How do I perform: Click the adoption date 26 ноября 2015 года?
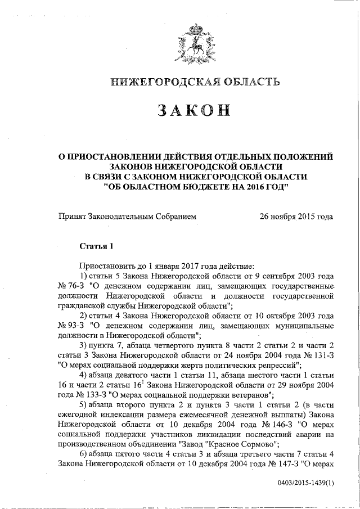click(x=295, y=216)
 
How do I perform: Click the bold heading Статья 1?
click(x=96, y=246)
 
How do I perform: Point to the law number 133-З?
click(x=89, y=394)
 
